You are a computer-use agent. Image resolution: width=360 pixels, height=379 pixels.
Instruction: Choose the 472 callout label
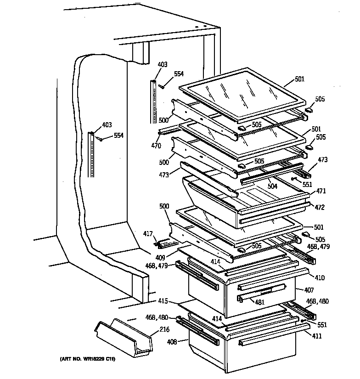click(x=320, y=208)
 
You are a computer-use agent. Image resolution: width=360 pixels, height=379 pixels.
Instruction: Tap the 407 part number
click(x=309, y=290)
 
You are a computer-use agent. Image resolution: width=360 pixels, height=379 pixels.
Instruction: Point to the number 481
click(x=260, y=302)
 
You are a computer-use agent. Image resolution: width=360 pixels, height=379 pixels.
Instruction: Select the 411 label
click(x=317, y=336)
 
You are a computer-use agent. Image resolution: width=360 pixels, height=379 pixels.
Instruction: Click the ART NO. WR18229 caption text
click(x=87, y=359)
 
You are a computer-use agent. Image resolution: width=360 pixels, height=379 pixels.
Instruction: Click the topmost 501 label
click(x=299, y=79)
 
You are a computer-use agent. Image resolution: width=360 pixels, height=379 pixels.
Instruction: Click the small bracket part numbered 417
click(x=163, y=242)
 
